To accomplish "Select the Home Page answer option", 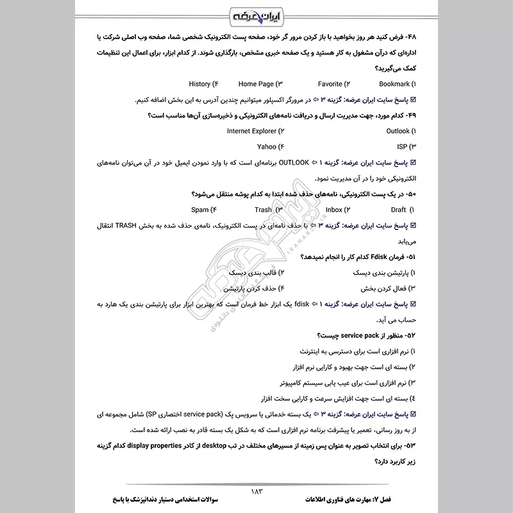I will pyautogui.click(x=256, y=84).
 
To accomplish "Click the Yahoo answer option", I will pyautogui.click(x=266, y=147).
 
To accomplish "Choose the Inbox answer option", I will pyautogui.click(x=333, y=210).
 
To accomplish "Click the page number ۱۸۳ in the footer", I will pyautogui.click(x=256, y=491).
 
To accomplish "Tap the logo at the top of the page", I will pyautogui.click(x=256, y=14).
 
